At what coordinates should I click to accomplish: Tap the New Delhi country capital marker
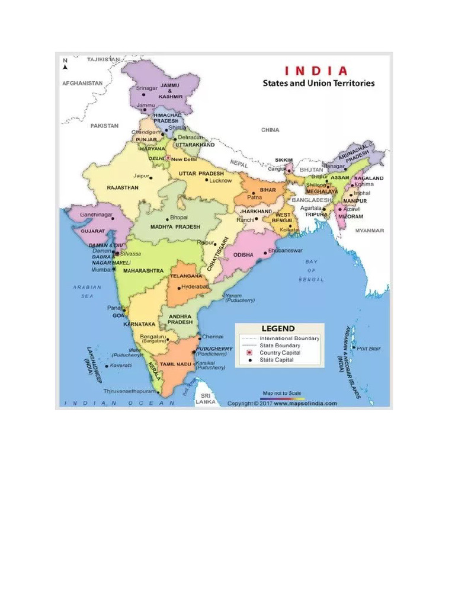tap(168, 159)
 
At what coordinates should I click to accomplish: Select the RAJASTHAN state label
tap(123, 187)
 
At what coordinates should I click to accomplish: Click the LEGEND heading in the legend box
tap(278, 328)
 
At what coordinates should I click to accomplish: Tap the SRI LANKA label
tap(206, 398)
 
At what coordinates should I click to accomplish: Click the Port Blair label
tap(369, 349)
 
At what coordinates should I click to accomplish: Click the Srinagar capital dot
tap(143, 95)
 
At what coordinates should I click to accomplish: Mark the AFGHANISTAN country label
tap(82, 84)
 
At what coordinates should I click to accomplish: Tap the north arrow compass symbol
tap(65, 63)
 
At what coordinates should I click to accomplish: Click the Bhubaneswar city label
tap(286, 251)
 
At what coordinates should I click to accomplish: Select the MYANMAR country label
tap(370, 231)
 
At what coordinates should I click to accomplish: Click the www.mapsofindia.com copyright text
tap(305, 404)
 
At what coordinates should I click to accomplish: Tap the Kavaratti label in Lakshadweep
tap(120, 365)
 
